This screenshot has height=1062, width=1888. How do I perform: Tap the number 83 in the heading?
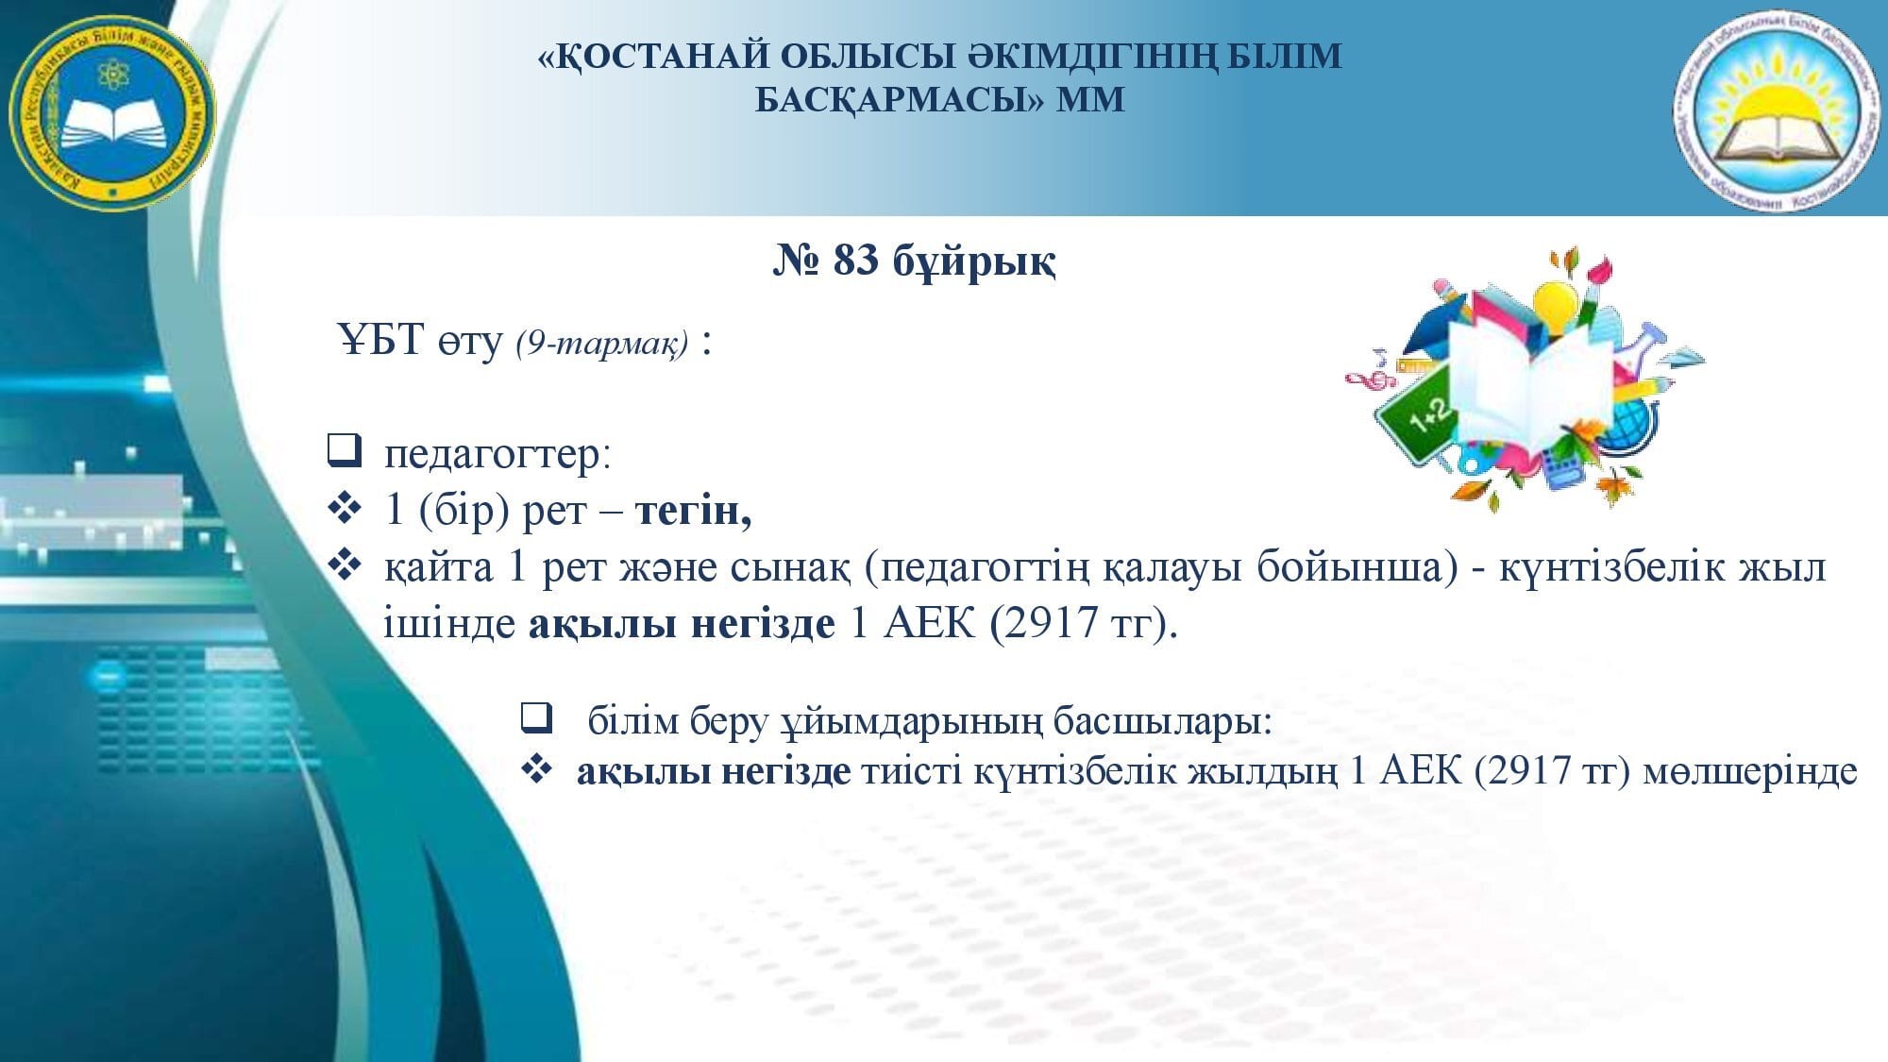click(x=855, y=261)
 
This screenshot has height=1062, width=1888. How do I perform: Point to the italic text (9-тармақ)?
click(x=602, y=343)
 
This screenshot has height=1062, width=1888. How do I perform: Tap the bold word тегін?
click(x=694, y=511)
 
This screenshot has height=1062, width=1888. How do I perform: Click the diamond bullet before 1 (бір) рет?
click(x=344, y=510)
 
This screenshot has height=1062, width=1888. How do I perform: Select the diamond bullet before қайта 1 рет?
click(x=344, y=566)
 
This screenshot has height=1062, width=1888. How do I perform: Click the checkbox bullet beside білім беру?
click(x=536, y=718)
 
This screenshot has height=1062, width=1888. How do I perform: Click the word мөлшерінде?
click(x=1750, y=773)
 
